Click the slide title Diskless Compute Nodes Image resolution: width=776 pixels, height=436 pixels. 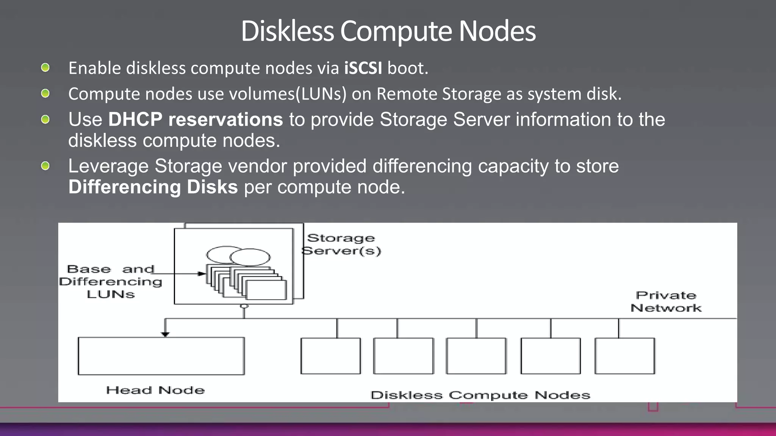(x=388, y=31)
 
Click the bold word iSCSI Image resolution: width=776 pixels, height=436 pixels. (x=363, y=69)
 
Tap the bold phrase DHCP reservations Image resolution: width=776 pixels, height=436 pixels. (x=196, y=120)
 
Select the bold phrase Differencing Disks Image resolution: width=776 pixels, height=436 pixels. (x=153, y=187)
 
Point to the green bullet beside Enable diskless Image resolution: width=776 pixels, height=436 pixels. (x=45, y=68)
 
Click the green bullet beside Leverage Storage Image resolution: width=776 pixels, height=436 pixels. (x=45, y=166)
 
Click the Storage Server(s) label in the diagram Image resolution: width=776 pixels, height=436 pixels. (x=341, y=244)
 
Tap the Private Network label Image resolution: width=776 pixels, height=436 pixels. (x=666, y=302)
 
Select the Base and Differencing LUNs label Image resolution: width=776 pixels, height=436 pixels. (x=111, y=282)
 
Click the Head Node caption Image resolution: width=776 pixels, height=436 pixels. (x=155, y=390)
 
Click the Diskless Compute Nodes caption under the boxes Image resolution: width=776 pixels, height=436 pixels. (x=480, y=396)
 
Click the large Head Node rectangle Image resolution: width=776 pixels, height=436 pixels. (x=161, y=356)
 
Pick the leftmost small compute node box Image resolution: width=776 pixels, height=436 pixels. (x=330, y=356)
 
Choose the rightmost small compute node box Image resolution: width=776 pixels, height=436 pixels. (x=624, y=356)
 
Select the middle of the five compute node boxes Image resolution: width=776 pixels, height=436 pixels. (x=476, y=356)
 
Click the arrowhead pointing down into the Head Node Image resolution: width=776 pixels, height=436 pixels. (x=165, y=334)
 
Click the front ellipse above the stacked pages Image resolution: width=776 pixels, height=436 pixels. (x=250, y=257)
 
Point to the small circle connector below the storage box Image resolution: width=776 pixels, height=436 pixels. (x=244, y=306)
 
